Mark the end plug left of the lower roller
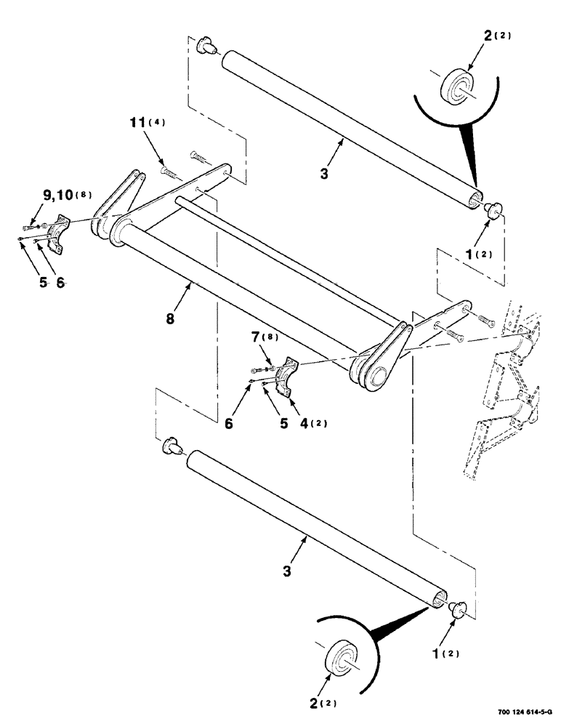pyautogui.click(x=171, y=446)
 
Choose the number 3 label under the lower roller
pyautogui.click(x=288, y=571)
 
